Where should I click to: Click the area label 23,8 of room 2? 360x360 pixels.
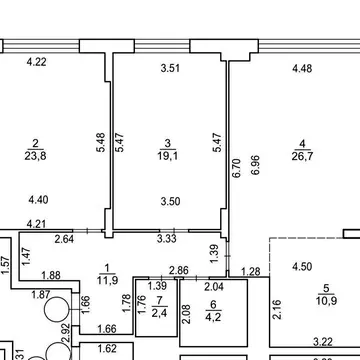pyautogui.click(x=35, y=156)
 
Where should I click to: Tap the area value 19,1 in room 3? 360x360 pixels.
pyautogui.click(x=168, y=156)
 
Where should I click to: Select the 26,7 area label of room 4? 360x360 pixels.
pyautogui.click(x=302, y=156)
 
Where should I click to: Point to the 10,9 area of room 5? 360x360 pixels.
pyautogui.click(x=326, y=300)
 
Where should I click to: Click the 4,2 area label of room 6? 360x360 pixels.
pyautogui.click(x=213, y=316)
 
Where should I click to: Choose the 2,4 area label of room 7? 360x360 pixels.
pyautogui.click(x=159, y=313)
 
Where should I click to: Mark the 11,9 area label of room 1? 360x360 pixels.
pyautogui.click(x=107, y=280)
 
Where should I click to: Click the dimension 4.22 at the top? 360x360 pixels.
pyautogui.click(x=36, y=62)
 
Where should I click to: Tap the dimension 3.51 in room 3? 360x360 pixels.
pyautogui.click(x=170, y=68)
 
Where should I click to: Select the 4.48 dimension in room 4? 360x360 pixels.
pyautogui.click(x=302, y=69)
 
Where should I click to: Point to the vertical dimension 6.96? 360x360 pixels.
pyautogui.click(x=256, y=165)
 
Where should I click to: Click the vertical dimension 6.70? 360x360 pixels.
pyautogui.click(x=236, y=168)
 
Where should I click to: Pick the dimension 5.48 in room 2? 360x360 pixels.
pyautogui.click(x=101, y=142)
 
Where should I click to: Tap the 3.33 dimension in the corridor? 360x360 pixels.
pyautogui.click(x=167, y=239)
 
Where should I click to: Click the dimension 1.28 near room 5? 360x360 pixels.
pyautogui.click(x=250, y=272)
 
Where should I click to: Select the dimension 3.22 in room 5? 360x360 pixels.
pyautogui.click(x=323, y=342)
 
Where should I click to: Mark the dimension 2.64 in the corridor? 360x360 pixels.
pyautogui.click(x=64, y=239)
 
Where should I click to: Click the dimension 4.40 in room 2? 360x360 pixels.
pyautogui.click(x=38, y=200)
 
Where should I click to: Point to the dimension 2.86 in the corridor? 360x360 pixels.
pyautogui.click(x=179, y=270)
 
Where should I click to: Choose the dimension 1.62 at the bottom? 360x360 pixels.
pyautogui.click(x=108, y=349)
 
